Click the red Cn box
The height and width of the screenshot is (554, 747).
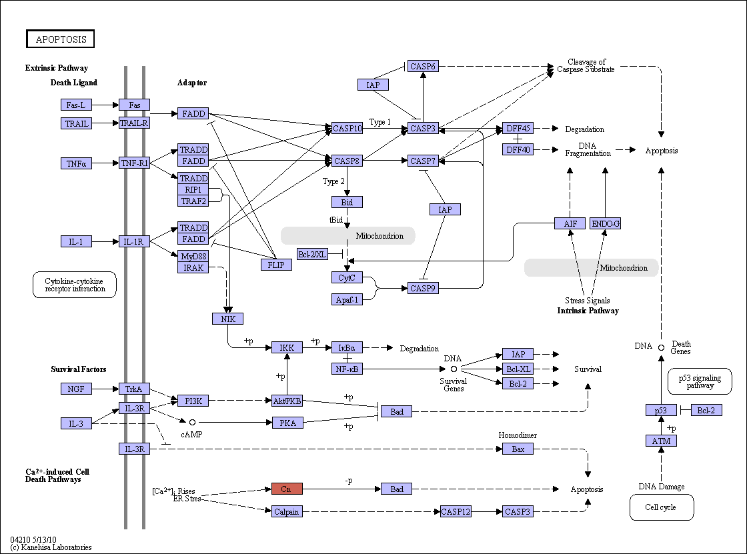pyautogui.click(x=287, y=489)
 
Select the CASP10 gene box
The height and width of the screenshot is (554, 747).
pyautogui.click(x=347, y=128)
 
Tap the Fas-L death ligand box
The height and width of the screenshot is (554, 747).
pyautogui.click(x=76, y=105)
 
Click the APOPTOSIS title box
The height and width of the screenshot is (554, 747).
pyautogui.click(x=61, y=39)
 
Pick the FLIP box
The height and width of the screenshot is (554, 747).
pyautogui.click(x=276, y=265)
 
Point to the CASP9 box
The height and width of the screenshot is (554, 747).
pyautogui.click(x=423, y=288)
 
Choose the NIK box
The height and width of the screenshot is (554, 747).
pyautogui.click(x=227, y=319)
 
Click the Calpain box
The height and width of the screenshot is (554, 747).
pyautogui.click(x=287, y=511)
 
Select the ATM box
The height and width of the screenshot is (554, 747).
pyautogui.click(x=661, y=441)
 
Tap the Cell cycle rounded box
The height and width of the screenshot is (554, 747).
pyautogui.click(x=662, y=507)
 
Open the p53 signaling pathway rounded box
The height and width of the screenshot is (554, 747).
pyautogui.click(x=700, y=381)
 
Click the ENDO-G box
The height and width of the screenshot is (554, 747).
pyautogui.click(x=606, y=223)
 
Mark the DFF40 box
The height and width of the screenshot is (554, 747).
pyautogui.click(x=518, y=149)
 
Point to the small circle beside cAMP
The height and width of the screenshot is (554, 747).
pyautogui.click(x=193, y=422)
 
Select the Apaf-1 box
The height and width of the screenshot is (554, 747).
pyautogui.click(x=347, y=299)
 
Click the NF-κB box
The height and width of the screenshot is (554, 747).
pyautogui.click(x=347, y=369)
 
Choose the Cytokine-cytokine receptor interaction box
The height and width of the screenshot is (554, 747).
pyautogui.click(x=75, y=285)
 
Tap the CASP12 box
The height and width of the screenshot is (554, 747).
pyautogui.click(x=456, y=511)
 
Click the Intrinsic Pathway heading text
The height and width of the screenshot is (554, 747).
pyautogui.click(x=588, y=311)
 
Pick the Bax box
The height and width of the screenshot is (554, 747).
pyautogui.click(x=518, y=449)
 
